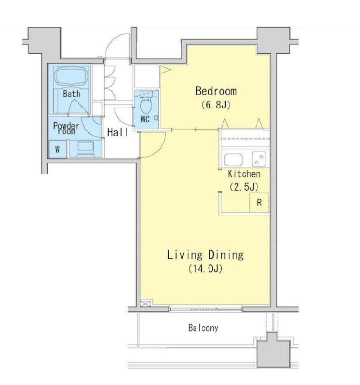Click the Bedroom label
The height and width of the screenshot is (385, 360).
click(216, 91)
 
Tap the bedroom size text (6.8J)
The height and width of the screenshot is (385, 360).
click(216, 105)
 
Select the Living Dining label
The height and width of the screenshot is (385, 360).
click(205, 255)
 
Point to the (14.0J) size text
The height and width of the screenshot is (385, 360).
click(205, 269)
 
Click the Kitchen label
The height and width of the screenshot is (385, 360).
click(244, 174)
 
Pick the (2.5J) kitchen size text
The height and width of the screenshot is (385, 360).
click(244, 187)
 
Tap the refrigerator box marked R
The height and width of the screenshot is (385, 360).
click(259, 203)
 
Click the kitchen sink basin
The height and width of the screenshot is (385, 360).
click(233, 160)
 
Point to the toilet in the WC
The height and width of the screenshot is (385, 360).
click(146, 105)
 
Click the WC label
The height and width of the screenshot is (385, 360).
click(145, 119)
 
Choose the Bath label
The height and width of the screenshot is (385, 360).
click(72, 94)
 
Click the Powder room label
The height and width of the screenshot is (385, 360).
click(66, 128)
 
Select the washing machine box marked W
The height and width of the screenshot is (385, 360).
click(58, 149)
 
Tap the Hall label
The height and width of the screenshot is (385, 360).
click(118, 132)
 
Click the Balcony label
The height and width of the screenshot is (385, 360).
click(203, 328)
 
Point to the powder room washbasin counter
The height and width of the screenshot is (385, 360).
click(86, 149)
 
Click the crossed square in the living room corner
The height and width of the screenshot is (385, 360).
click(146, 303)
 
